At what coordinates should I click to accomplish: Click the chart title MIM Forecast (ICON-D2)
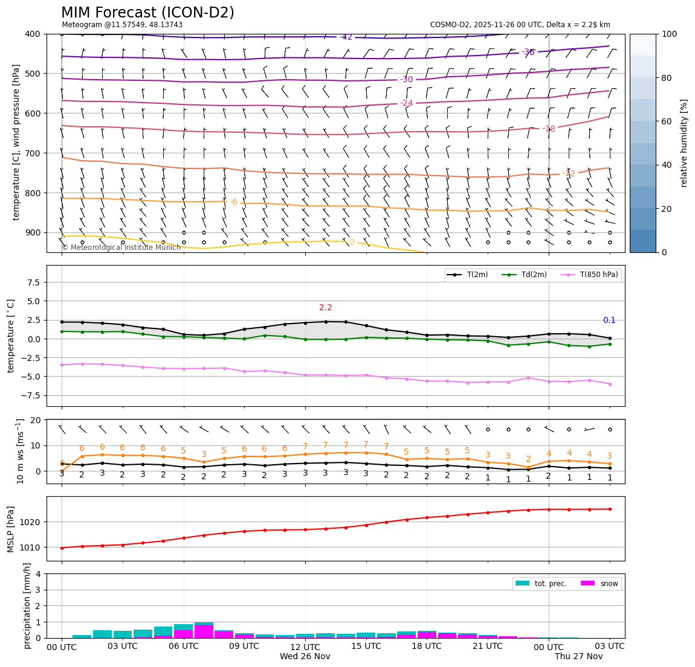pos(147,13)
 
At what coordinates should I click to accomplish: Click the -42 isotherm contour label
pos(346,37)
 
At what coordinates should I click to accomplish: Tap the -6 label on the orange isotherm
pos(234,202)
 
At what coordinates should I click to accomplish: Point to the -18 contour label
pos(549,129)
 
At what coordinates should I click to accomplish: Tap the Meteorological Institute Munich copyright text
pos(121,247)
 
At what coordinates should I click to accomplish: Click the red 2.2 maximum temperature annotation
pos(326,307)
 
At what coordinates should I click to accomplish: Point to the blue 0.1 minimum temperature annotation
pos(609,320)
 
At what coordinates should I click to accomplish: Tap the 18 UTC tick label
pos(427,646)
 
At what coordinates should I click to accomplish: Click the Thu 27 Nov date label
pos(579,656)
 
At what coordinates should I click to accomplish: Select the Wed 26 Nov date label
pos(305,656)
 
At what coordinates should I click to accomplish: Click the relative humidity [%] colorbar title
pos(684,143)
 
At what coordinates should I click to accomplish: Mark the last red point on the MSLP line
pos(610,509)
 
